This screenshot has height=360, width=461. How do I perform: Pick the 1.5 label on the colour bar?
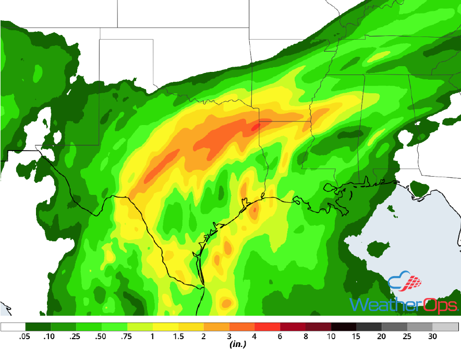pos(178,337)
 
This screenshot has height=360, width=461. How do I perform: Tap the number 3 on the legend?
pos(229,337)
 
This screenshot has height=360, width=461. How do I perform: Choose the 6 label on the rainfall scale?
pos(281,337)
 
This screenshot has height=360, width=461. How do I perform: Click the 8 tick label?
pos(306,337)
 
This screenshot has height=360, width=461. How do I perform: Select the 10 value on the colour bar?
pos(331,337)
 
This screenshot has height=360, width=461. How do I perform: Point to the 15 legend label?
pos(357,337)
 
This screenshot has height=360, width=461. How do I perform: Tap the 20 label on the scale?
pos(382,337)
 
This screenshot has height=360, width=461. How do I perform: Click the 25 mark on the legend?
pos(408,337)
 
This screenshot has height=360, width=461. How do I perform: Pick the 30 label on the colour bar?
pos(433,337)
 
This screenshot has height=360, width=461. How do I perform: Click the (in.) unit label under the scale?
pos(237,345)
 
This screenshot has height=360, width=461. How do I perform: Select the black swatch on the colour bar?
pos(344,327)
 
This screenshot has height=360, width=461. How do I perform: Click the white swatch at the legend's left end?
pos(13,327)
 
